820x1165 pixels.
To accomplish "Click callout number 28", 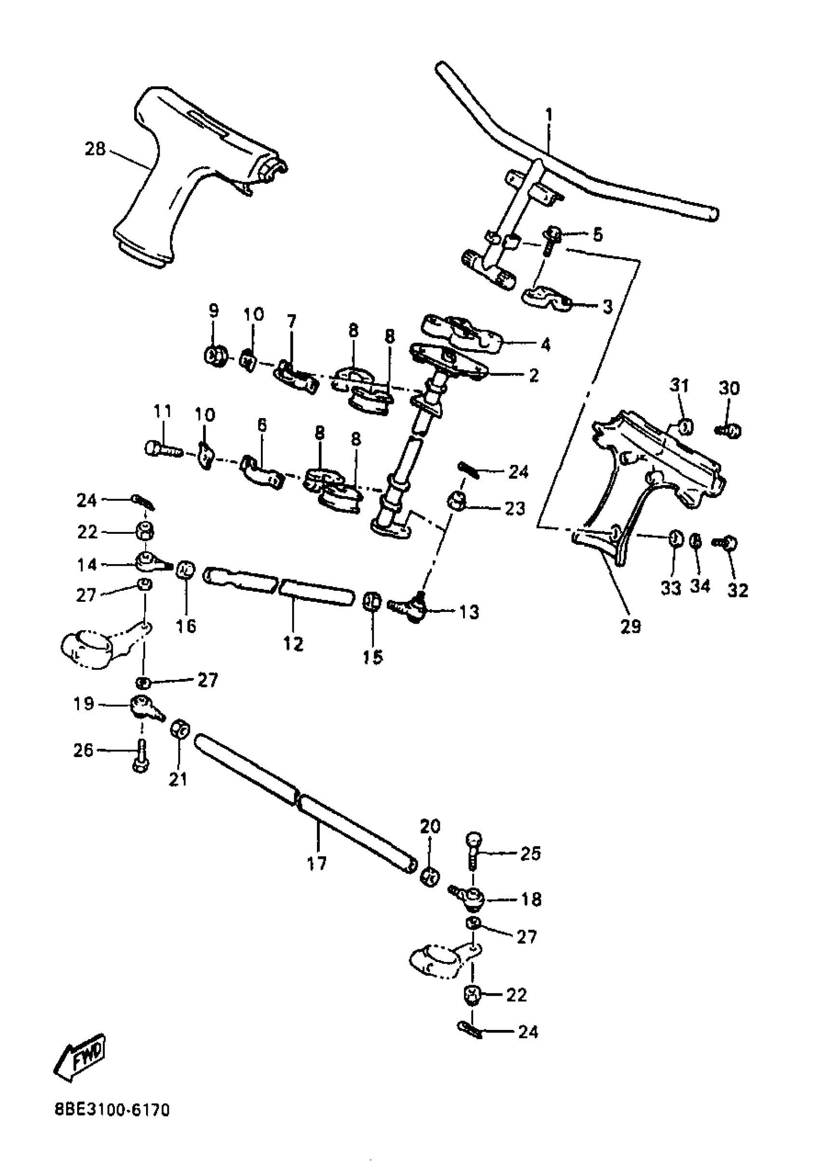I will click(x=95, y=149).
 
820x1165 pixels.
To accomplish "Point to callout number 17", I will click(x=317, y=863).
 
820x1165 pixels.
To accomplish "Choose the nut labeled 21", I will click(x=179, y=731).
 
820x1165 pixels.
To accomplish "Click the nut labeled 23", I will click(x=456, y=501).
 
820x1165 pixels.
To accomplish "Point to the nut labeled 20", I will click(x=429, y=876).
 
